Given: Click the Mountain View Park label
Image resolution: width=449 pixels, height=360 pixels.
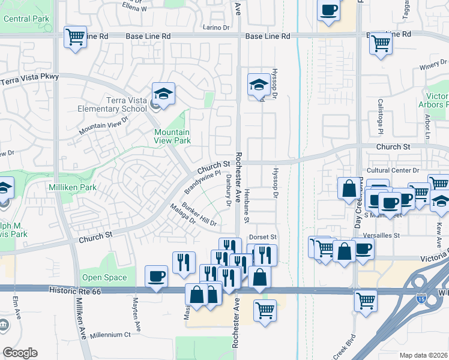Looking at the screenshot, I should click(172, 136).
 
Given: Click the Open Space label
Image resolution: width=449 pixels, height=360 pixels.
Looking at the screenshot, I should click(104, 277).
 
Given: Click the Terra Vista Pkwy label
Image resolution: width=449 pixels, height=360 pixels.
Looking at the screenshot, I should click(29, 79).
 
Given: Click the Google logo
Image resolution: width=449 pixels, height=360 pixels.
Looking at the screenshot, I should click(20, 353).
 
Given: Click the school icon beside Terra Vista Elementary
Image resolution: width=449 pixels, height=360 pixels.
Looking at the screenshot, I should click(163, 94).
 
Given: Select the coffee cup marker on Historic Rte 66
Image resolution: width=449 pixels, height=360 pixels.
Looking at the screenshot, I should click(157, 277).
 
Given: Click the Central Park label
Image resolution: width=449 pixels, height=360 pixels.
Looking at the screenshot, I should click(26, 19).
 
